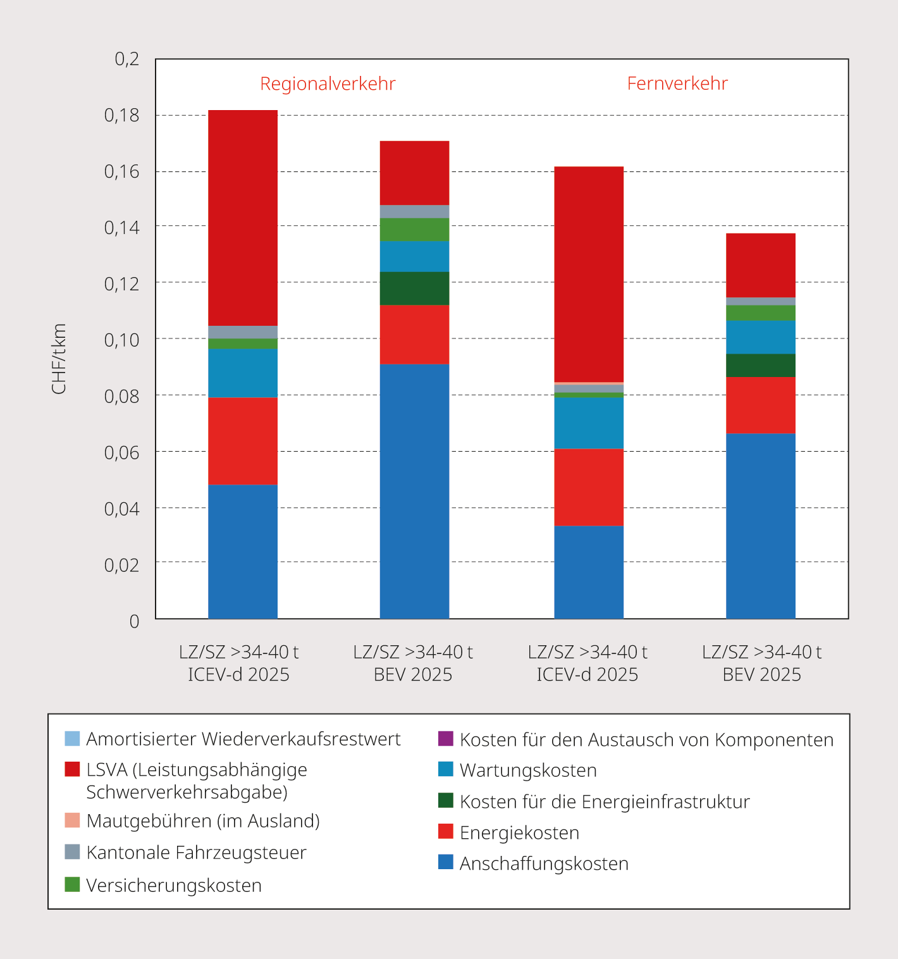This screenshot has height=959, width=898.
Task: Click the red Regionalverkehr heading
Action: [x=328, y=84]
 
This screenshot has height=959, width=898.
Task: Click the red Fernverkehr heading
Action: [x=677, y=84]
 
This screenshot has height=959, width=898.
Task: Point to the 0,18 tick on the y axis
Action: [x=121, y=115]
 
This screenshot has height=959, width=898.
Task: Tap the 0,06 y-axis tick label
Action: [x=121, y=452]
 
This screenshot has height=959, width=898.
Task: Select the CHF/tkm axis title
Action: [x=59, y=359]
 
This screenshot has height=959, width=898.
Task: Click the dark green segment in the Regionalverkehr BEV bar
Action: [x=414, y=288]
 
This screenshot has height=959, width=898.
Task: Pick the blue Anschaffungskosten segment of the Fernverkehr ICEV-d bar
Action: [x=589, y=572]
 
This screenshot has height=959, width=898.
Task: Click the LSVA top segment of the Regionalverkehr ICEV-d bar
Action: [x=243, y=218]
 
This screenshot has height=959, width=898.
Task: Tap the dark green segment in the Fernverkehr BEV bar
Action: [x=761, y=365]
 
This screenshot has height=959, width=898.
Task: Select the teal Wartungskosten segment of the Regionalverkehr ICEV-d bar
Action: [x=243, y=373]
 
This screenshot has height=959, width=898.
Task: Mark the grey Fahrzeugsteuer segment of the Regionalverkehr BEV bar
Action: [x=414, y=211]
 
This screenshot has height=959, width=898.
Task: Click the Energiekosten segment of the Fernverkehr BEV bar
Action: [x=761, y=405]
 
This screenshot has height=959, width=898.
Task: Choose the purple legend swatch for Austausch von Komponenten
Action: [x=446, y=739]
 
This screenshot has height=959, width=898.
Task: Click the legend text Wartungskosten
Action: [x=528, y=770]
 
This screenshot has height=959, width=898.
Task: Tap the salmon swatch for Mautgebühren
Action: [x=72, y=820]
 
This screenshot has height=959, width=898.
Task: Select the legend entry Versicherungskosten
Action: [x=174, y=885]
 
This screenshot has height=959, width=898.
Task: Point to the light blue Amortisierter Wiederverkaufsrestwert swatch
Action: [x=72, y=738]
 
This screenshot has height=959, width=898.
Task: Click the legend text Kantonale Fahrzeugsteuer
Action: [x=196, y=853]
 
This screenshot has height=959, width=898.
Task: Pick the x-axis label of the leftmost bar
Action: [x=239, y=663]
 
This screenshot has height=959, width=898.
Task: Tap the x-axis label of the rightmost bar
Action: [x=761, y=663]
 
